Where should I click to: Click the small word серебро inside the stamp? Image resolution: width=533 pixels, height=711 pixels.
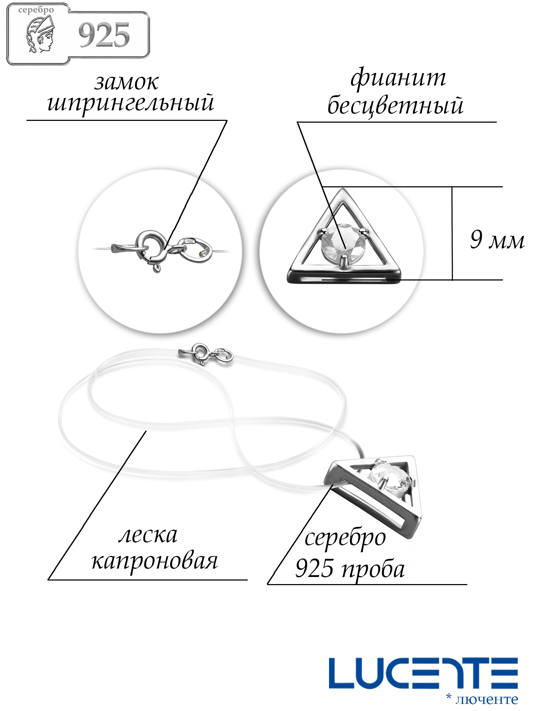coord(36,10)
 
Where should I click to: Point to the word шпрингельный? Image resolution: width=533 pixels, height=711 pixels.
coord(131,103)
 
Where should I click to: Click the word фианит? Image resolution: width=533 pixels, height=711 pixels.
coord(398,78)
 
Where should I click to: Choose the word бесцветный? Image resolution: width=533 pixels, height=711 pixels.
coord(395,106)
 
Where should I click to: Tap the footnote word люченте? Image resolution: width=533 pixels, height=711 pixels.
coord(487,699)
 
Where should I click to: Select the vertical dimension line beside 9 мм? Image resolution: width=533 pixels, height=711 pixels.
coord(452,233)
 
